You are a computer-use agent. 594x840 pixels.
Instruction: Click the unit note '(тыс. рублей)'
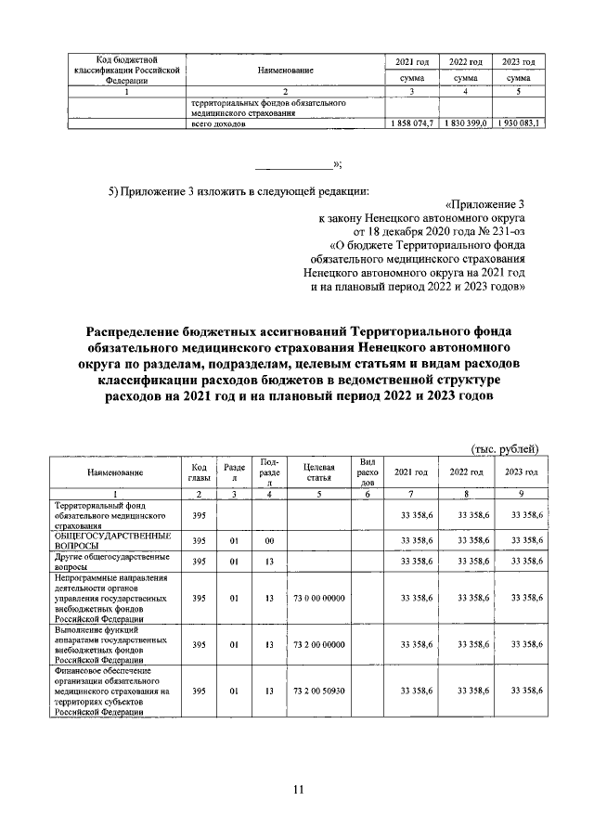505,448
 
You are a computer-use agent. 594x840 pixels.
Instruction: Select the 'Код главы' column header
198,472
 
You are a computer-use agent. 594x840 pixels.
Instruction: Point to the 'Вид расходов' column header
368,472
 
